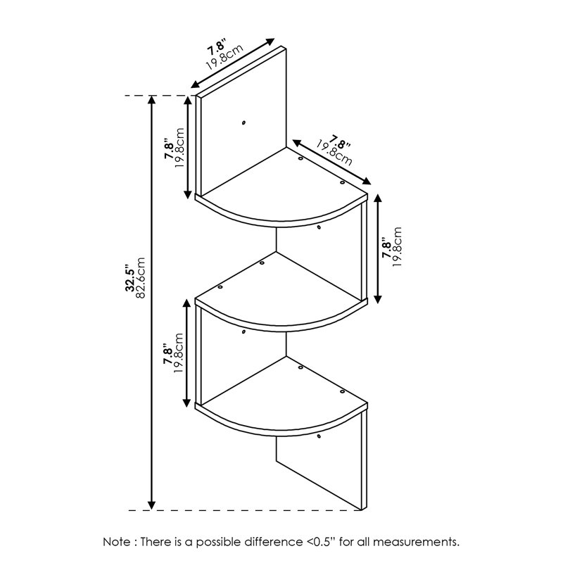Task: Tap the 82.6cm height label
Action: point(140,277)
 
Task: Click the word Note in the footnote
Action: point(118,541)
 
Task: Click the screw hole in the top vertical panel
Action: point(243,122)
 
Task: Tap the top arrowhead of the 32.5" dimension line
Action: point(152,100)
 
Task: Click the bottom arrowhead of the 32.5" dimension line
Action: point(152,505)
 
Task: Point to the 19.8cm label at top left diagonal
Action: point(224,57)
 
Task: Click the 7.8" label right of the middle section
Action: point(386,248)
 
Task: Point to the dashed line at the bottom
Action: point(244,510)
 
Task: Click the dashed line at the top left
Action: point(158,96)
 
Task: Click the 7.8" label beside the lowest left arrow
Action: point(168,354)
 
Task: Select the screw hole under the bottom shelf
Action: point(319,436)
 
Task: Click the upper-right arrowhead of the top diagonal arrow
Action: point(270,42)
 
